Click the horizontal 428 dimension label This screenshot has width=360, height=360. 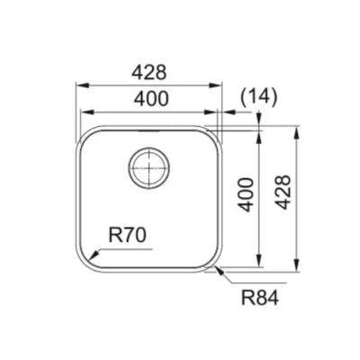[149, 73]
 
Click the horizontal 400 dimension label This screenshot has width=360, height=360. [151, 99]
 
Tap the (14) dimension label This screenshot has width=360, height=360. [258, 98]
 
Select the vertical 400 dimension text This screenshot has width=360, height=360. [246, 194]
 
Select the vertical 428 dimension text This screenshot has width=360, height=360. [283, 193]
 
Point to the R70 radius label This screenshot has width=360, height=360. [127, 235]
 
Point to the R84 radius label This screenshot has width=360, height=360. [260, 298]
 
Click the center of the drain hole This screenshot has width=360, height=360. [148, 167]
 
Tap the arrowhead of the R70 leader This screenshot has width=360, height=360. [94, 255]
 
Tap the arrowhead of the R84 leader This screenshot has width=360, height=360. [220, 270]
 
